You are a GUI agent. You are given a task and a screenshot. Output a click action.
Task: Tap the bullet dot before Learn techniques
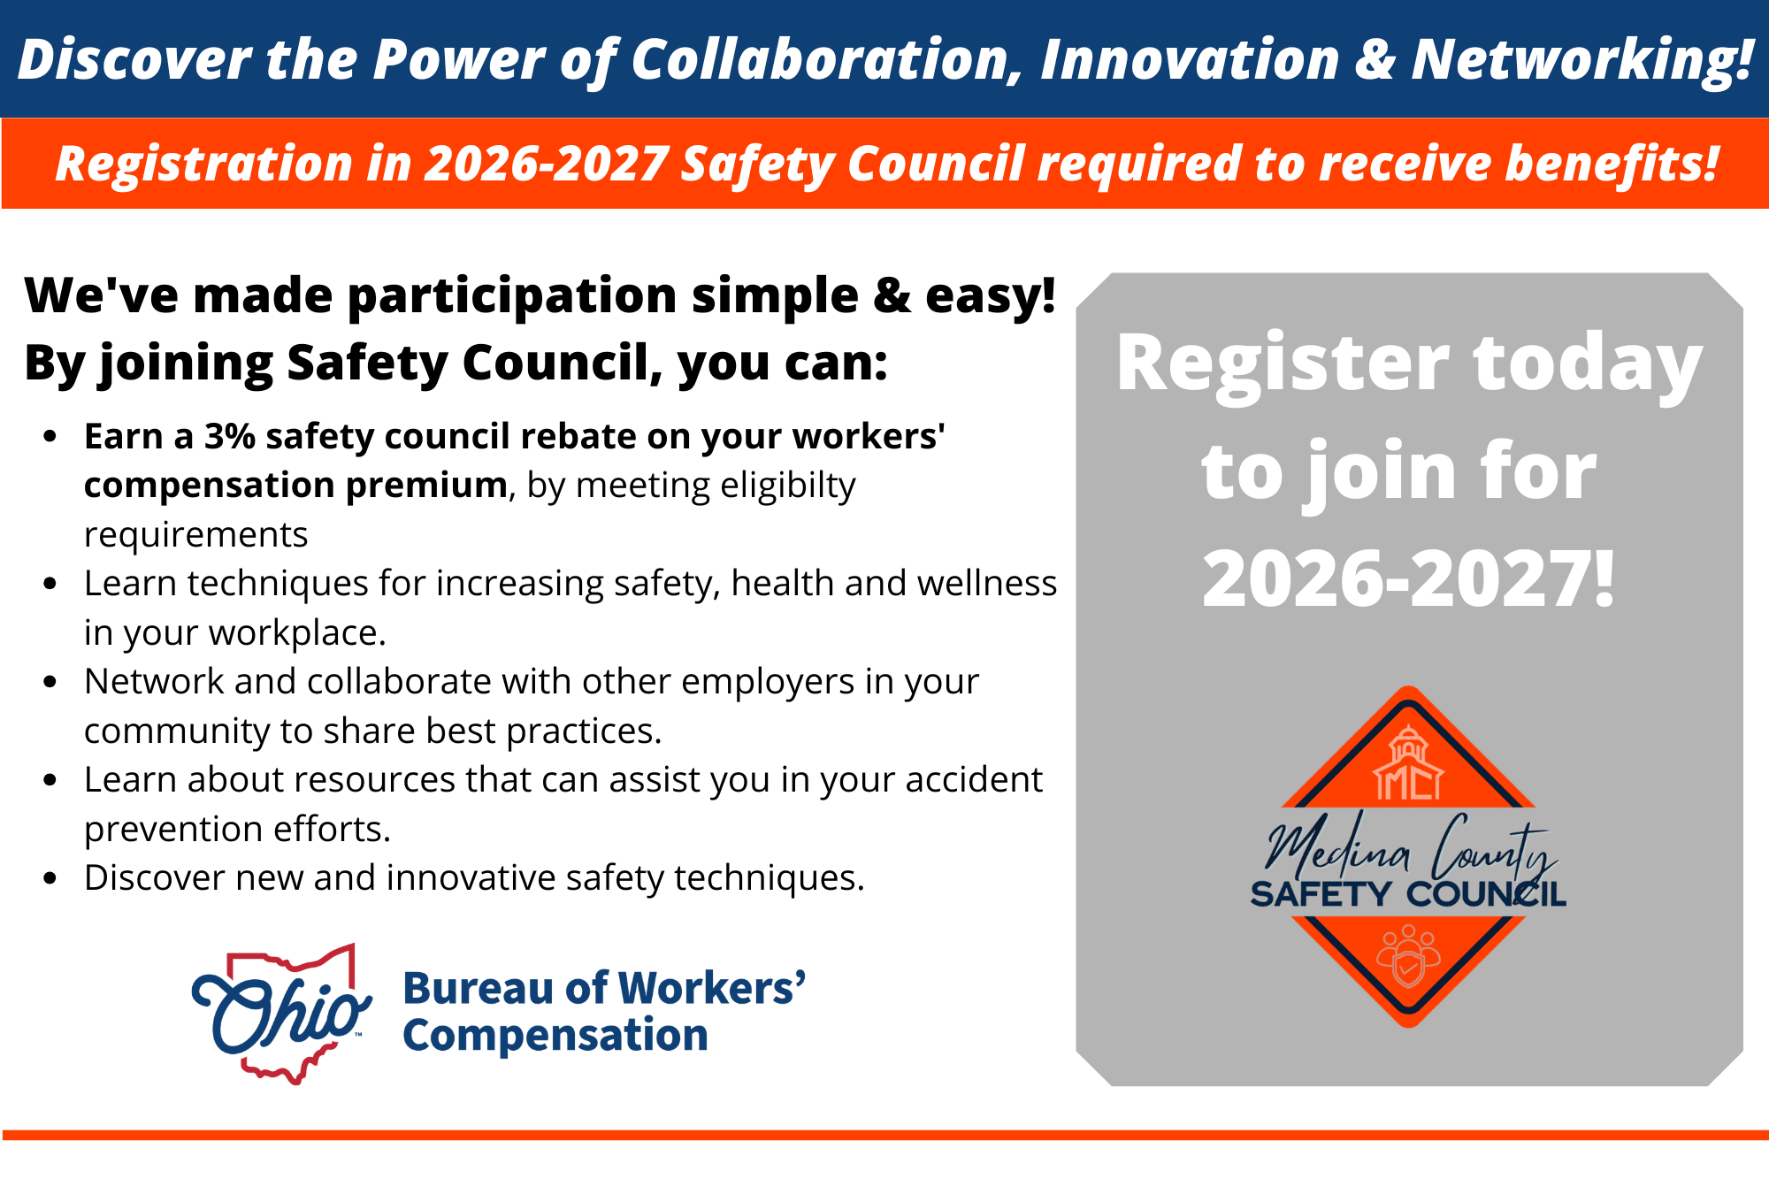click(50, 584)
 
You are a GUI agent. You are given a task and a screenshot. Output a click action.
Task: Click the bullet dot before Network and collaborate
click(50, 682)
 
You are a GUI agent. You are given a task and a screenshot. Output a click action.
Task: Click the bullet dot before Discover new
click(50, 878)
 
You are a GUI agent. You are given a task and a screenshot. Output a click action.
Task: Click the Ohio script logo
click(281, 1014)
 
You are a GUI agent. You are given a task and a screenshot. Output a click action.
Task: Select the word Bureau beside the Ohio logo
click(479, 988)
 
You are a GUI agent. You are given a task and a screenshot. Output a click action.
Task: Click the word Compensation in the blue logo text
click(555, 1036)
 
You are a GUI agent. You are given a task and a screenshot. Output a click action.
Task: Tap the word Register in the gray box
click(1283, 365)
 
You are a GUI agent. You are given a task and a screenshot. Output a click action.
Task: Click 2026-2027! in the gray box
click(1409, 579)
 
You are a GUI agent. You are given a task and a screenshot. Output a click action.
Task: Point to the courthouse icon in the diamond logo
click(1408, 762)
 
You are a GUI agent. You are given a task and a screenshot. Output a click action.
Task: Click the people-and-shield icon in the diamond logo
click(1408, 956)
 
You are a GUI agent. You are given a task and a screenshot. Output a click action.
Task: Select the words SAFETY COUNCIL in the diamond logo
click(1408, 894)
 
